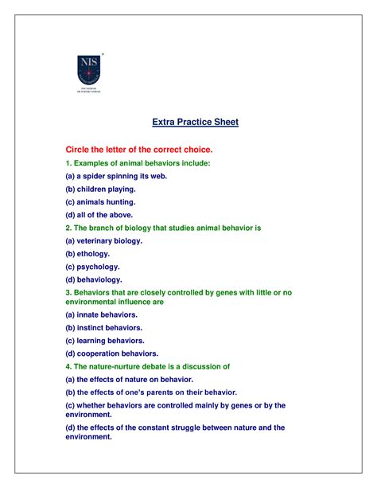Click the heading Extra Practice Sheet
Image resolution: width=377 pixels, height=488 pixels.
click(x=196, y=123)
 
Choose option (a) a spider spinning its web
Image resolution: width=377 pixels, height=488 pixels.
click(x=116, y=176)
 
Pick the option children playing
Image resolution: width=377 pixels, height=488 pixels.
click(x=101, y=189)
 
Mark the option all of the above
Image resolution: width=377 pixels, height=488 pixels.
click(x=99, y=214)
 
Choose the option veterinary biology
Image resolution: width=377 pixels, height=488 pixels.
click(x=104, y=240)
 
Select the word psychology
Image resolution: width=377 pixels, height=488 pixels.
click(x=100, y=267)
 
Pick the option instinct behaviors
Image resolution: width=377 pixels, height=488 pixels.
click(x=104, y=327)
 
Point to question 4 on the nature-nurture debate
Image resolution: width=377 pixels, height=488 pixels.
click(x=148, y=366)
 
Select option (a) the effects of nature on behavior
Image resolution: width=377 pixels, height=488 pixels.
click(x=140, y=379)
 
